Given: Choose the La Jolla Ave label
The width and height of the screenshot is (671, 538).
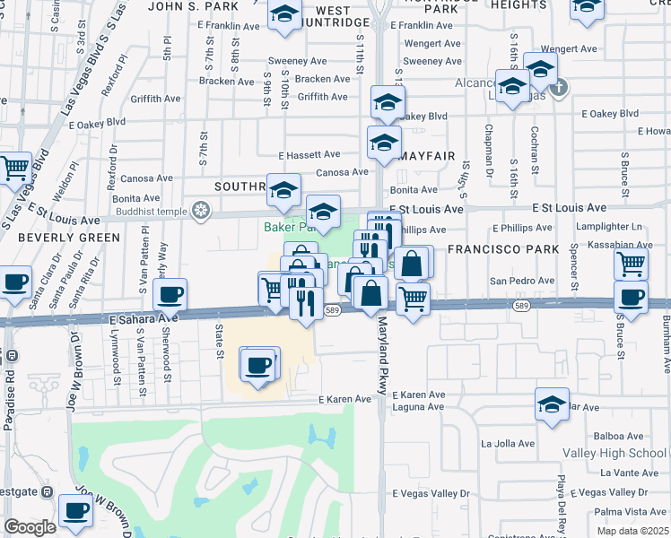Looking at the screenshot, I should (508, 443).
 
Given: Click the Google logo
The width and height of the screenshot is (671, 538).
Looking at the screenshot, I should (30, 527).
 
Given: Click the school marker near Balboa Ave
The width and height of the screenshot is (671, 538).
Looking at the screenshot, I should (552, 403).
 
